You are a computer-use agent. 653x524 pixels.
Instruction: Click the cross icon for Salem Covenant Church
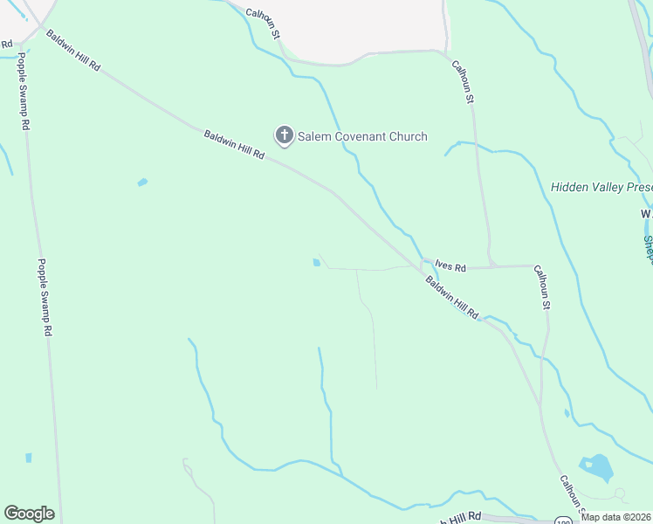[x=284, y=135]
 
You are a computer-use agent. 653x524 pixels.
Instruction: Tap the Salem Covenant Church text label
[x=362, y=136]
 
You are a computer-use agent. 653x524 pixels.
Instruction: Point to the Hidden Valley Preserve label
[x=601, y=187]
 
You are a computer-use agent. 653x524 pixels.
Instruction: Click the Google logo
[x=29, y=514]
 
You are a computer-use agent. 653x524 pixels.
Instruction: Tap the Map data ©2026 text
[x=615, y=517]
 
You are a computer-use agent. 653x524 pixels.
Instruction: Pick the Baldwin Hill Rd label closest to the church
[x=234, y=144]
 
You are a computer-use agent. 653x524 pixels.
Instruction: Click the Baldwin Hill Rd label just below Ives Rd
[x=452, y=298]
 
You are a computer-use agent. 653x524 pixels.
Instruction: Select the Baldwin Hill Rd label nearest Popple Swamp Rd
[x=73, y=53]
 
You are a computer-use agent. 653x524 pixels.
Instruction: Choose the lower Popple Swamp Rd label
[x=45, y=298]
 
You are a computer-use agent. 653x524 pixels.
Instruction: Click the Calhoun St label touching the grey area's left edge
[x=263, y=24]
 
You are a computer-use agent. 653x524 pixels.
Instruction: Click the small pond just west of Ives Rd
[x=316, y=262]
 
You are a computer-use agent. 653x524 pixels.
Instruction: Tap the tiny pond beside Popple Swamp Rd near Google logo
[x=29, y=458]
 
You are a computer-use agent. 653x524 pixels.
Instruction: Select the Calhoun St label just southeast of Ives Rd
[x=542, y=288]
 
